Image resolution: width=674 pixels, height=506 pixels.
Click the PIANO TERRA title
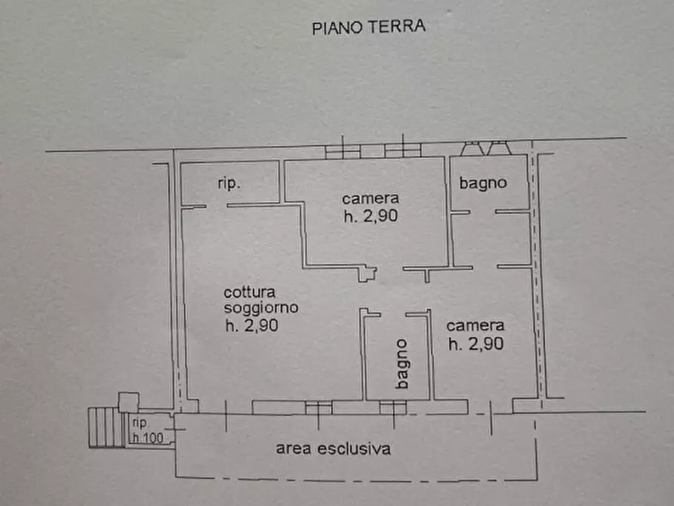coord(369,27)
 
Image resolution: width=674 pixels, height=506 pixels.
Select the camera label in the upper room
coord(370,199)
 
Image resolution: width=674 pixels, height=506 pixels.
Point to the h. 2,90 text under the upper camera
coord(370,215)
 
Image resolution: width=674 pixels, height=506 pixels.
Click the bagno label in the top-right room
coord(482,183)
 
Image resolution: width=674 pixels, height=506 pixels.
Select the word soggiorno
coord(261,308)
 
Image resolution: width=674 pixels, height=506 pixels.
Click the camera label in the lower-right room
coord(475,326)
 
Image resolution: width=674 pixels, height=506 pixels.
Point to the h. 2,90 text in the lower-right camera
coord(475,344)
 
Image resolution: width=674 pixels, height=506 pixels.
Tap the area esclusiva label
coord(334,449)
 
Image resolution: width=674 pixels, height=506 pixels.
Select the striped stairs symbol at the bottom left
coord(104,427)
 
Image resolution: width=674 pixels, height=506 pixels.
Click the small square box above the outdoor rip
coord(129,402)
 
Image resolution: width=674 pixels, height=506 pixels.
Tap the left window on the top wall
coord(343,150)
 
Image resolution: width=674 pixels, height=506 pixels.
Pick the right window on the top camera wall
coord(402,150)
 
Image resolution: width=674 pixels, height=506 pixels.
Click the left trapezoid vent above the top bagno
coord(473,148)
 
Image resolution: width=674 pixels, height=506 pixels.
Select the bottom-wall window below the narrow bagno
coord(392,408)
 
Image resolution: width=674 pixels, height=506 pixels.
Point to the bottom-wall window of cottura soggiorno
coord(319,408)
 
